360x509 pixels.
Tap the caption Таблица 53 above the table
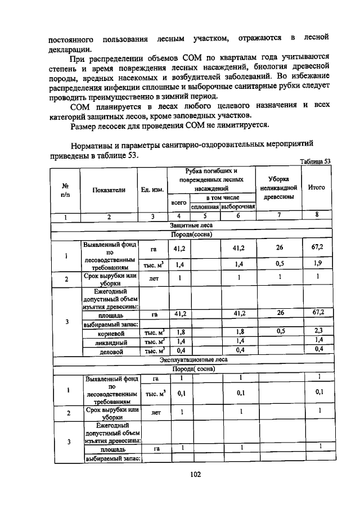click(315, 161)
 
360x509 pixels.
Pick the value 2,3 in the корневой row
click(318, 331)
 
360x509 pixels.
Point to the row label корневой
click(111, 332)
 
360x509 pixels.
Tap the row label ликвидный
click(111, 341)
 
